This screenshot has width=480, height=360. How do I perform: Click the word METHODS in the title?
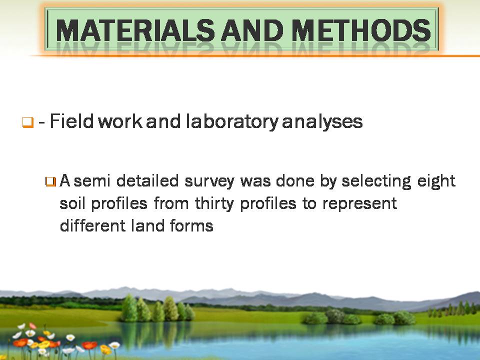(x=360, y=30)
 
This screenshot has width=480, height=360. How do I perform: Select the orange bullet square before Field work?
(x=27, y=122)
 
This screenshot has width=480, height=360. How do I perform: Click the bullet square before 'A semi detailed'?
(x=50, y=181)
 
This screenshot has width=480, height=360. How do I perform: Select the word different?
(x=93, y=225)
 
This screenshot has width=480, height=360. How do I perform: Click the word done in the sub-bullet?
(x=295, y=180)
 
